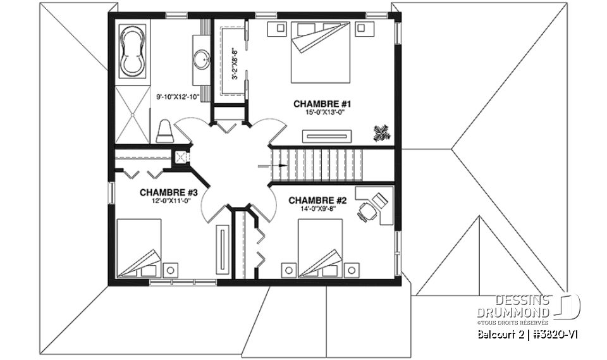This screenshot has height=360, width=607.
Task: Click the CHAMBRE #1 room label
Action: pos(317,103)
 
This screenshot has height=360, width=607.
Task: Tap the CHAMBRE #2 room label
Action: pos(318,201)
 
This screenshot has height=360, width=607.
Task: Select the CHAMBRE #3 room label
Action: pos(169,192)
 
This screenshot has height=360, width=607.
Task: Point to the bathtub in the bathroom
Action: pos(133,49)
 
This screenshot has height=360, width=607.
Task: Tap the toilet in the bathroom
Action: pos(164,131)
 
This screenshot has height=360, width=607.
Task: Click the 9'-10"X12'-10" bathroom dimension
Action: pos(178,97)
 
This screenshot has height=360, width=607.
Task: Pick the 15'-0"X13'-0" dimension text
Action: pos(317,112)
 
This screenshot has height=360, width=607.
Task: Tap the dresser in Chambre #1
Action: pos(327,135)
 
